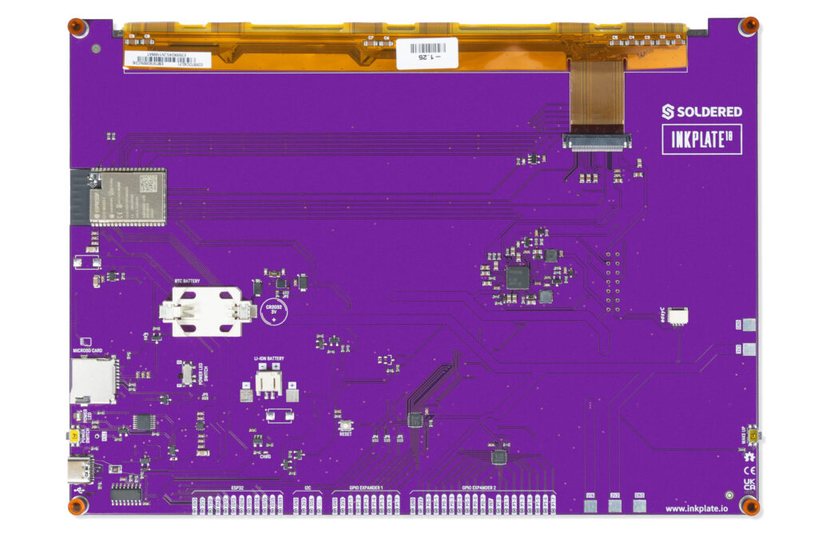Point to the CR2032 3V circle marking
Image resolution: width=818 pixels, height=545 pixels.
(x=273, y=312)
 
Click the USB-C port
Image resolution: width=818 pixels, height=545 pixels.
(x=82, y=470)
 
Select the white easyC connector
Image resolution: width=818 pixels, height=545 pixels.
(x=678, y=315)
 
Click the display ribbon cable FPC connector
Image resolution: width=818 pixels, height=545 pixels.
(x=597, y=142)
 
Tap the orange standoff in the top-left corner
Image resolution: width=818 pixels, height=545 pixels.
(x=76, y=26)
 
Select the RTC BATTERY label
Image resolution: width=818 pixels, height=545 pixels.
(x=187, y=282)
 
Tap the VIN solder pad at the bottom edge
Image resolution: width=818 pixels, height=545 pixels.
(x=591, y=502)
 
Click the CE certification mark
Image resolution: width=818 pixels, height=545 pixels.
(x=749, y=471)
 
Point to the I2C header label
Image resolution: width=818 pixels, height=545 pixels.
(x=307, y=488)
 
